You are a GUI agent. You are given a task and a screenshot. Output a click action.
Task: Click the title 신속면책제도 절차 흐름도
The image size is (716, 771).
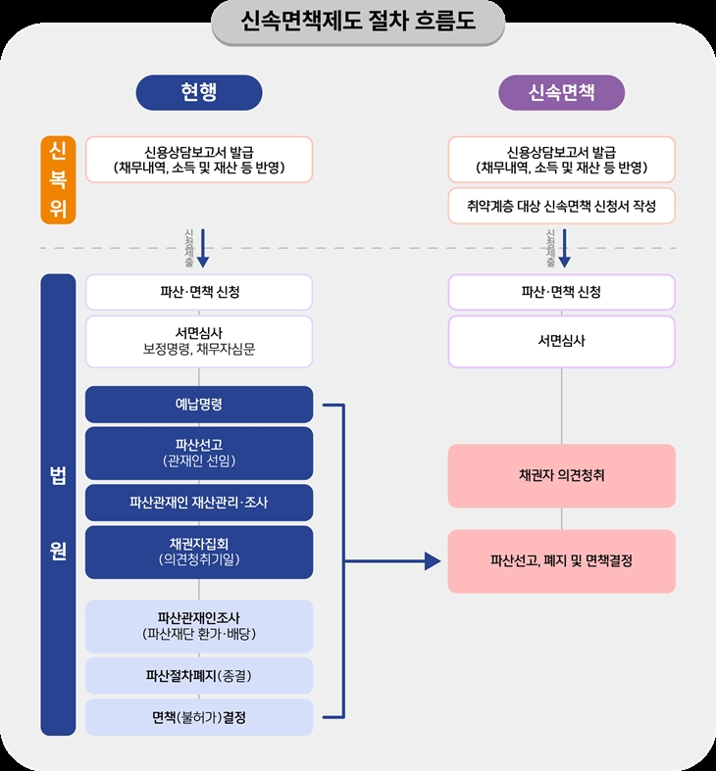(x=358, y=22)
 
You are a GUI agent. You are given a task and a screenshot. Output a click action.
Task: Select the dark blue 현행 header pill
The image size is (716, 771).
(x=198, y=93)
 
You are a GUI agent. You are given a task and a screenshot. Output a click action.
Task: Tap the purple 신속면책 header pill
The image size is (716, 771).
(x=562, y=93)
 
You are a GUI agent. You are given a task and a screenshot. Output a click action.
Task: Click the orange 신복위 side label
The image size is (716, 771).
(x=58, y=179)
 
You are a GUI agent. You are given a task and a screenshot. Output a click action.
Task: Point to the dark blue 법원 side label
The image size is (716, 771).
(x=58, y=506)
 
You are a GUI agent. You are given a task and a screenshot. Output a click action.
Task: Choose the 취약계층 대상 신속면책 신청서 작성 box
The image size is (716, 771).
(x=562, y=207)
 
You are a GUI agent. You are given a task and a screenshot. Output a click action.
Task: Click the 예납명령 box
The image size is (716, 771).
(x=199, y=404)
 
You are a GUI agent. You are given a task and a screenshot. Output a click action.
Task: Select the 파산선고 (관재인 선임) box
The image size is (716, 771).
(x=199, y=453)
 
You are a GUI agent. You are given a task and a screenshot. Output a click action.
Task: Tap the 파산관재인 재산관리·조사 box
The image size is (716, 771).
(x=199, y=503)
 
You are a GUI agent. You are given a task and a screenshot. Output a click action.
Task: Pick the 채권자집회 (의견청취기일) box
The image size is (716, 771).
(x=199, y=552)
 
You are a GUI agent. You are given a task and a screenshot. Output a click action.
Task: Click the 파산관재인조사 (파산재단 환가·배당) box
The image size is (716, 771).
(x=199, y=625)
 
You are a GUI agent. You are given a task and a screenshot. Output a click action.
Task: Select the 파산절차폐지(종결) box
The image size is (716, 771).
(x=199, y=675)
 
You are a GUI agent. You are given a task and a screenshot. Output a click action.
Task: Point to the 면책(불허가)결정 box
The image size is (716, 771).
(x=199, y=717)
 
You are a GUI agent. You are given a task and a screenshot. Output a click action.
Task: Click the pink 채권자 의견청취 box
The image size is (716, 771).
(x=562, y=475)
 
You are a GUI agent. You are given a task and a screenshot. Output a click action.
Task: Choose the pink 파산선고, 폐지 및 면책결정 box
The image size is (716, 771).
(x=562, y=561)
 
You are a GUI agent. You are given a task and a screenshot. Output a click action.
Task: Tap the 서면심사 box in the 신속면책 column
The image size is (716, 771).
(x=562, y=341)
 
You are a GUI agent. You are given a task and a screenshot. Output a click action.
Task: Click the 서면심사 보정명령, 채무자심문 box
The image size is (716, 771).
(x=199, y=341)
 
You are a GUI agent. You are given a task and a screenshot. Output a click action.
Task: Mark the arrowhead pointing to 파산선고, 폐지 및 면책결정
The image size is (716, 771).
(x=432, y=561)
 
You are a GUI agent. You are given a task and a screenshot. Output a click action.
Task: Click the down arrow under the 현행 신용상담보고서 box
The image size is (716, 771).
(x=202, y=249)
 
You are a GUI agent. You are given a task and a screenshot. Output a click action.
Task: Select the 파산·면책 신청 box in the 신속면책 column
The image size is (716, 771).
(x=562, y=292)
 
